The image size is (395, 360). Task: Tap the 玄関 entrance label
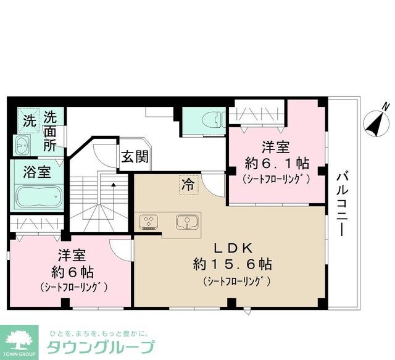(x=133, y=157)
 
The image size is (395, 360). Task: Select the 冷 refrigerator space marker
(x=186, y=183)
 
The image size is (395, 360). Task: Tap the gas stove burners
(x=150, y=221)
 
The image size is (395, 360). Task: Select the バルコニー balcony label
(x=340, y=203)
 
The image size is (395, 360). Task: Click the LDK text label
(x=232, y=249)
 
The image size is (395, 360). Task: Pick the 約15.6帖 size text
(x=232, y=265)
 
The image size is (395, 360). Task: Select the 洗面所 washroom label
(x=51, y=131)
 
